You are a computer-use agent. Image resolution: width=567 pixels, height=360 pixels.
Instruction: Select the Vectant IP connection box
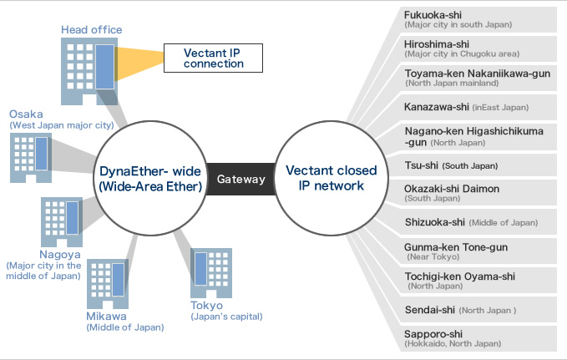[213, 57]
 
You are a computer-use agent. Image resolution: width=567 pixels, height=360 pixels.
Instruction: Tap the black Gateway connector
[241, 179]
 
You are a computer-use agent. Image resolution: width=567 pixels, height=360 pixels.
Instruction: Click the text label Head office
[91, 30]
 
